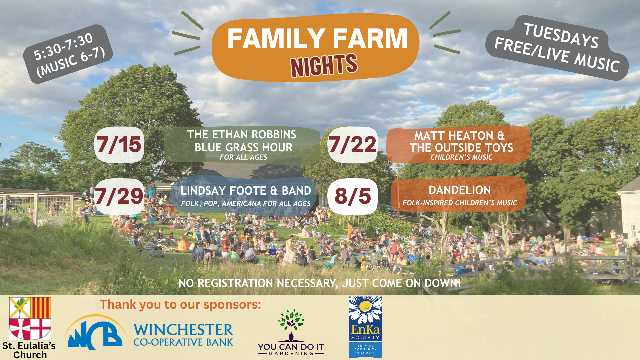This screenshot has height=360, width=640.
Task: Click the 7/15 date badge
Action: click(119, 145)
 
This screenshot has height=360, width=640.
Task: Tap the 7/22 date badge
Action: click(352, 145)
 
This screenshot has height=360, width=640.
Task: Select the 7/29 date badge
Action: click(119, 196)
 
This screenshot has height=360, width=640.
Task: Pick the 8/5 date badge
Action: click(352, 196)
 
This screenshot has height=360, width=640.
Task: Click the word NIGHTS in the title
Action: click(324, 65)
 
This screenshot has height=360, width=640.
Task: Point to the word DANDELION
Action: click(460, 190)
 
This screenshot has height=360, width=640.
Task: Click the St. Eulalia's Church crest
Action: click(30, 318)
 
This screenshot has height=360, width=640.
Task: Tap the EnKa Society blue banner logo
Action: click(365, 327)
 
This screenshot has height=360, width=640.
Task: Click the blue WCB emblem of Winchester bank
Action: click(95, 332)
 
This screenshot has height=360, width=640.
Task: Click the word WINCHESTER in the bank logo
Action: click(183, 330)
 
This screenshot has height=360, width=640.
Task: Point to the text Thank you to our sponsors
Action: click(180, 304)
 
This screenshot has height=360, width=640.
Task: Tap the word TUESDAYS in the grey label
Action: click(561, 36)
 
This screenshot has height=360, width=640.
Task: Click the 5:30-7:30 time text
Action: click(63, 47)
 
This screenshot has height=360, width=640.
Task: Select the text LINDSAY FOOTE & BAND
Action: click(246, 191)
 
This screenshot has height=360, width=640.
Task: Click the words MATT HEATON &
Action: click(459, 136)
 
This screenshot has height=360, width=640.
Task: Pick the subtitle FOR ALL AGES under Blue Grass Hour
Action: click(243, 157)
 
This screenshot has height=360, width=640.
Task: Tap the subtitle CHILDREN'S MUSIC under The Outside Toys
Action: click(461, 157)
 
